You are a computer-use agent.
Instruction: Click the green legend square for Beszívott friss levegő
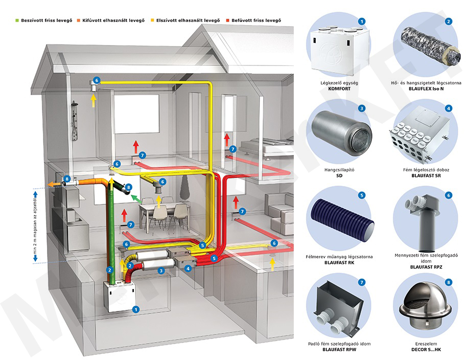coord(17,20)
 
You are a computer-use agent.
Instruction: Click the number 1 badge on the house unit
coord(135,309)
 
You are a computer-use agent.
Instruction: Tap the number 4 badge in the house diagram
coord(189,267)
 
